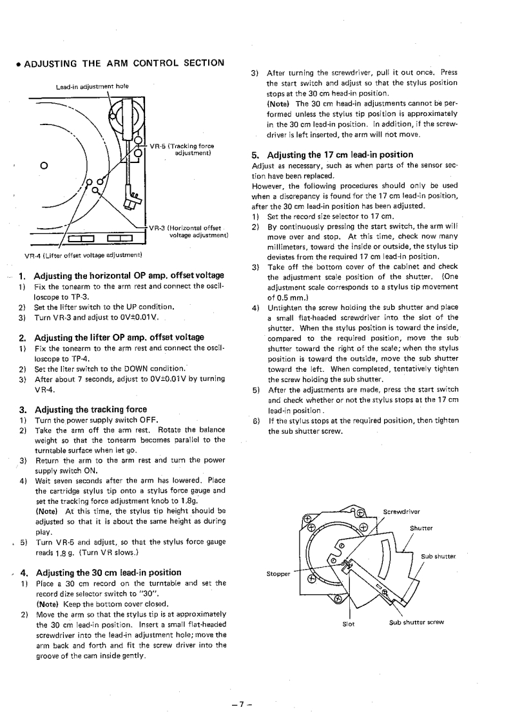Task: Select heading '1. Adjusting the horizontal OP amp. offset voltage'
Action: pos(123,276)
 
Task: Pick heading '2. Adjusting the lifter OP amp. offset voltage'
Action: pos(111,337)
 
